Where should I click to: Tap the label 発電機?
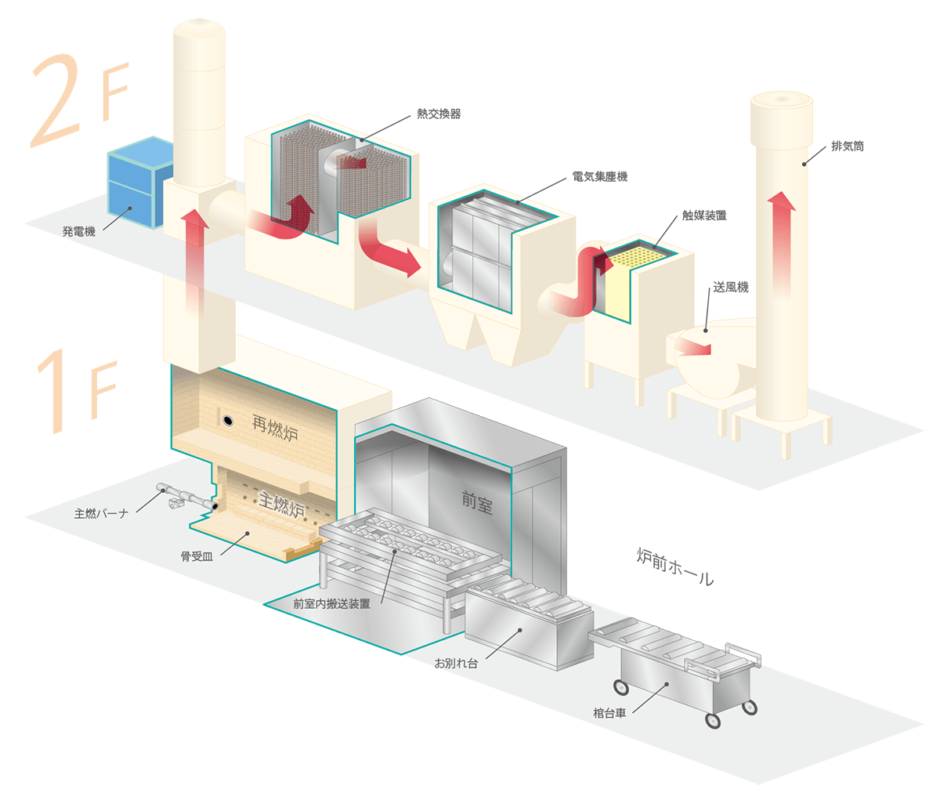[78, 232]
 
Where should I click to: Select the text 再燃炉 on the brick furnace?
[276, 429]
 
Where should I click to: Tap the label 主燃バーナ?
[105, 515]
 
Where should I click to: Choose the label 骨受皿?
[196, 556]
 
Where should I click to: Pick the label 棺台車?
[609, 715]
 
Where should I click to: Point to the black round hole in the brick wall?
[227, 421]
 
